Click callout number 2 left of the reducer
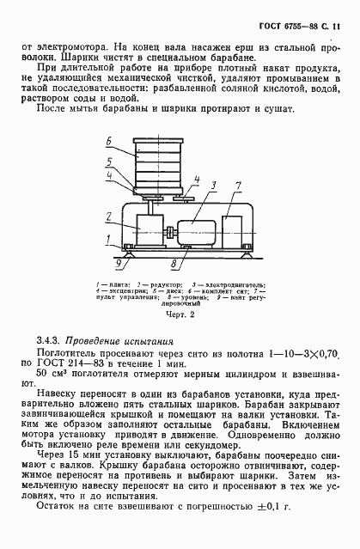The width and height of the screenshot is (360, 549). coord(108,215)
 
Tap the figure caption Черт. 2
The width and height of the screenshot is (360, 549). coord(180,315)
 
